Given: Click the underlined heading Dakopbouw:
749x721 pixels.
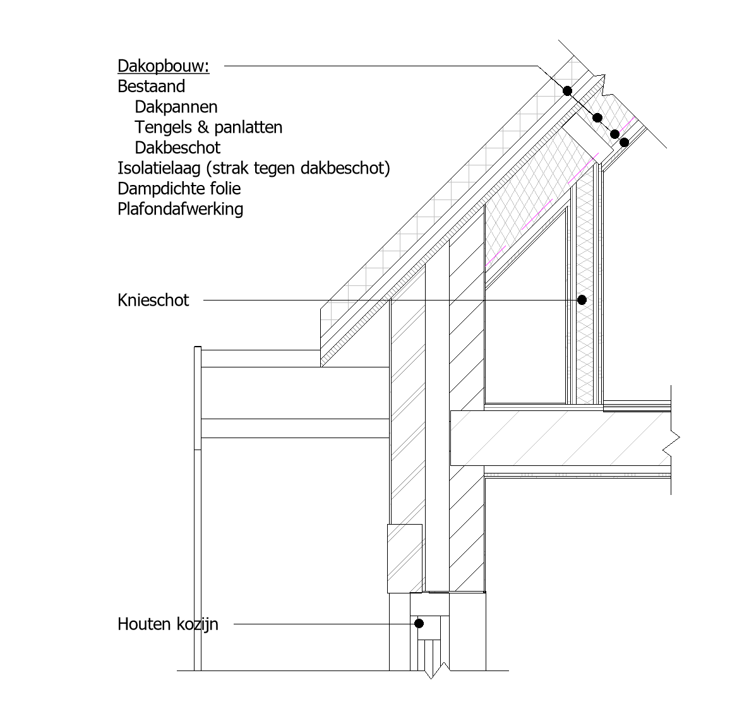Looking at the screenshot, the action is [x=164, y=66].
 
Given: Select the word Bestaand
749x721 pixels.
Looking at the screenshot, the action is [x=151, y=86].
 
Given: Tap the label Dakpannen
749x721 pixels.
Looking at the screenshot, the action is [x=176, y=107].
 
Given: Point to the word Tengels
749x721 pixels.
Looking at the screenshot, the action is [x=164, y=128].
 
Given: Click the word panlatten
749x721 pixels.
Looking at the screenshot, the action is [x=248, y=128].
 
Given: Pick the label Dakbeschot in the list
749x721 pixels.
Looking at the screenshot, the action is [x=177, y=148].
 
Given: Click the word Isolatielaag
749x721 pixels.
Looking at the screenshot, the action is [x=159, y=169].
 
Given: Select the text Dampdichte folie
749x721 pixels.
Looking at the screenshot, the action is [x=179, y=189].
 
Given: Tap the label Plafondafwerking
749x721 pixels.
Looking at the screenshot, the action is [x=180, y=209].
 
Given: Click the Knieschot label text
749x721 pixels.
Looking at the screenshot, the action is [x=153, y=301].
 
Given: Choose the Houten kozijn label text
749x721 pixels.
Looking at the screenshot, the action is [x=167, y=624].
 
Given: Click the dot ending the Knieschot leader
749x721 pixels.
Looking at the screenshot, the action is [x=582, y=300].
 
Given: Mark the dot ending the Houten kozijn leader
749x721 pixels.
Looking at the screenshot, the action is [x=419, y=623].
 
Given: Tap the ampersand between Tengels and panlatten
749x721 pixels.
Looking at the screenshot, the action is [x=203, y=128].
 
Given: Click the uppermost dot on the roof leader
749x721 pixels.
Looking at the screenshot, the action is [x=567, y=91].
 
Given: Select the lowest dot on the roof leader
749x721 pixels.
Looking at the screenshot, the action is [x=624, y=142].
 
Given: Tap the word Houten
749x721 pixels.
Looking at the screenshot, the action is [x=144, y=624].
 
